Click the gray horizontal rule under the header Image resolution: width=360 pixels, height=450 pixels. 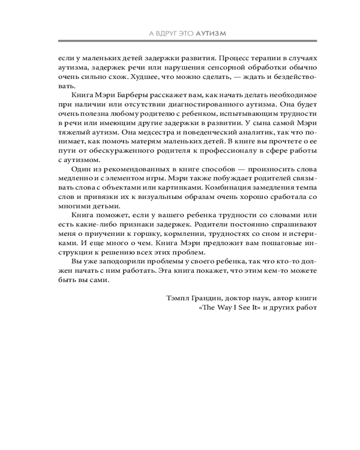[188, 42]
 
